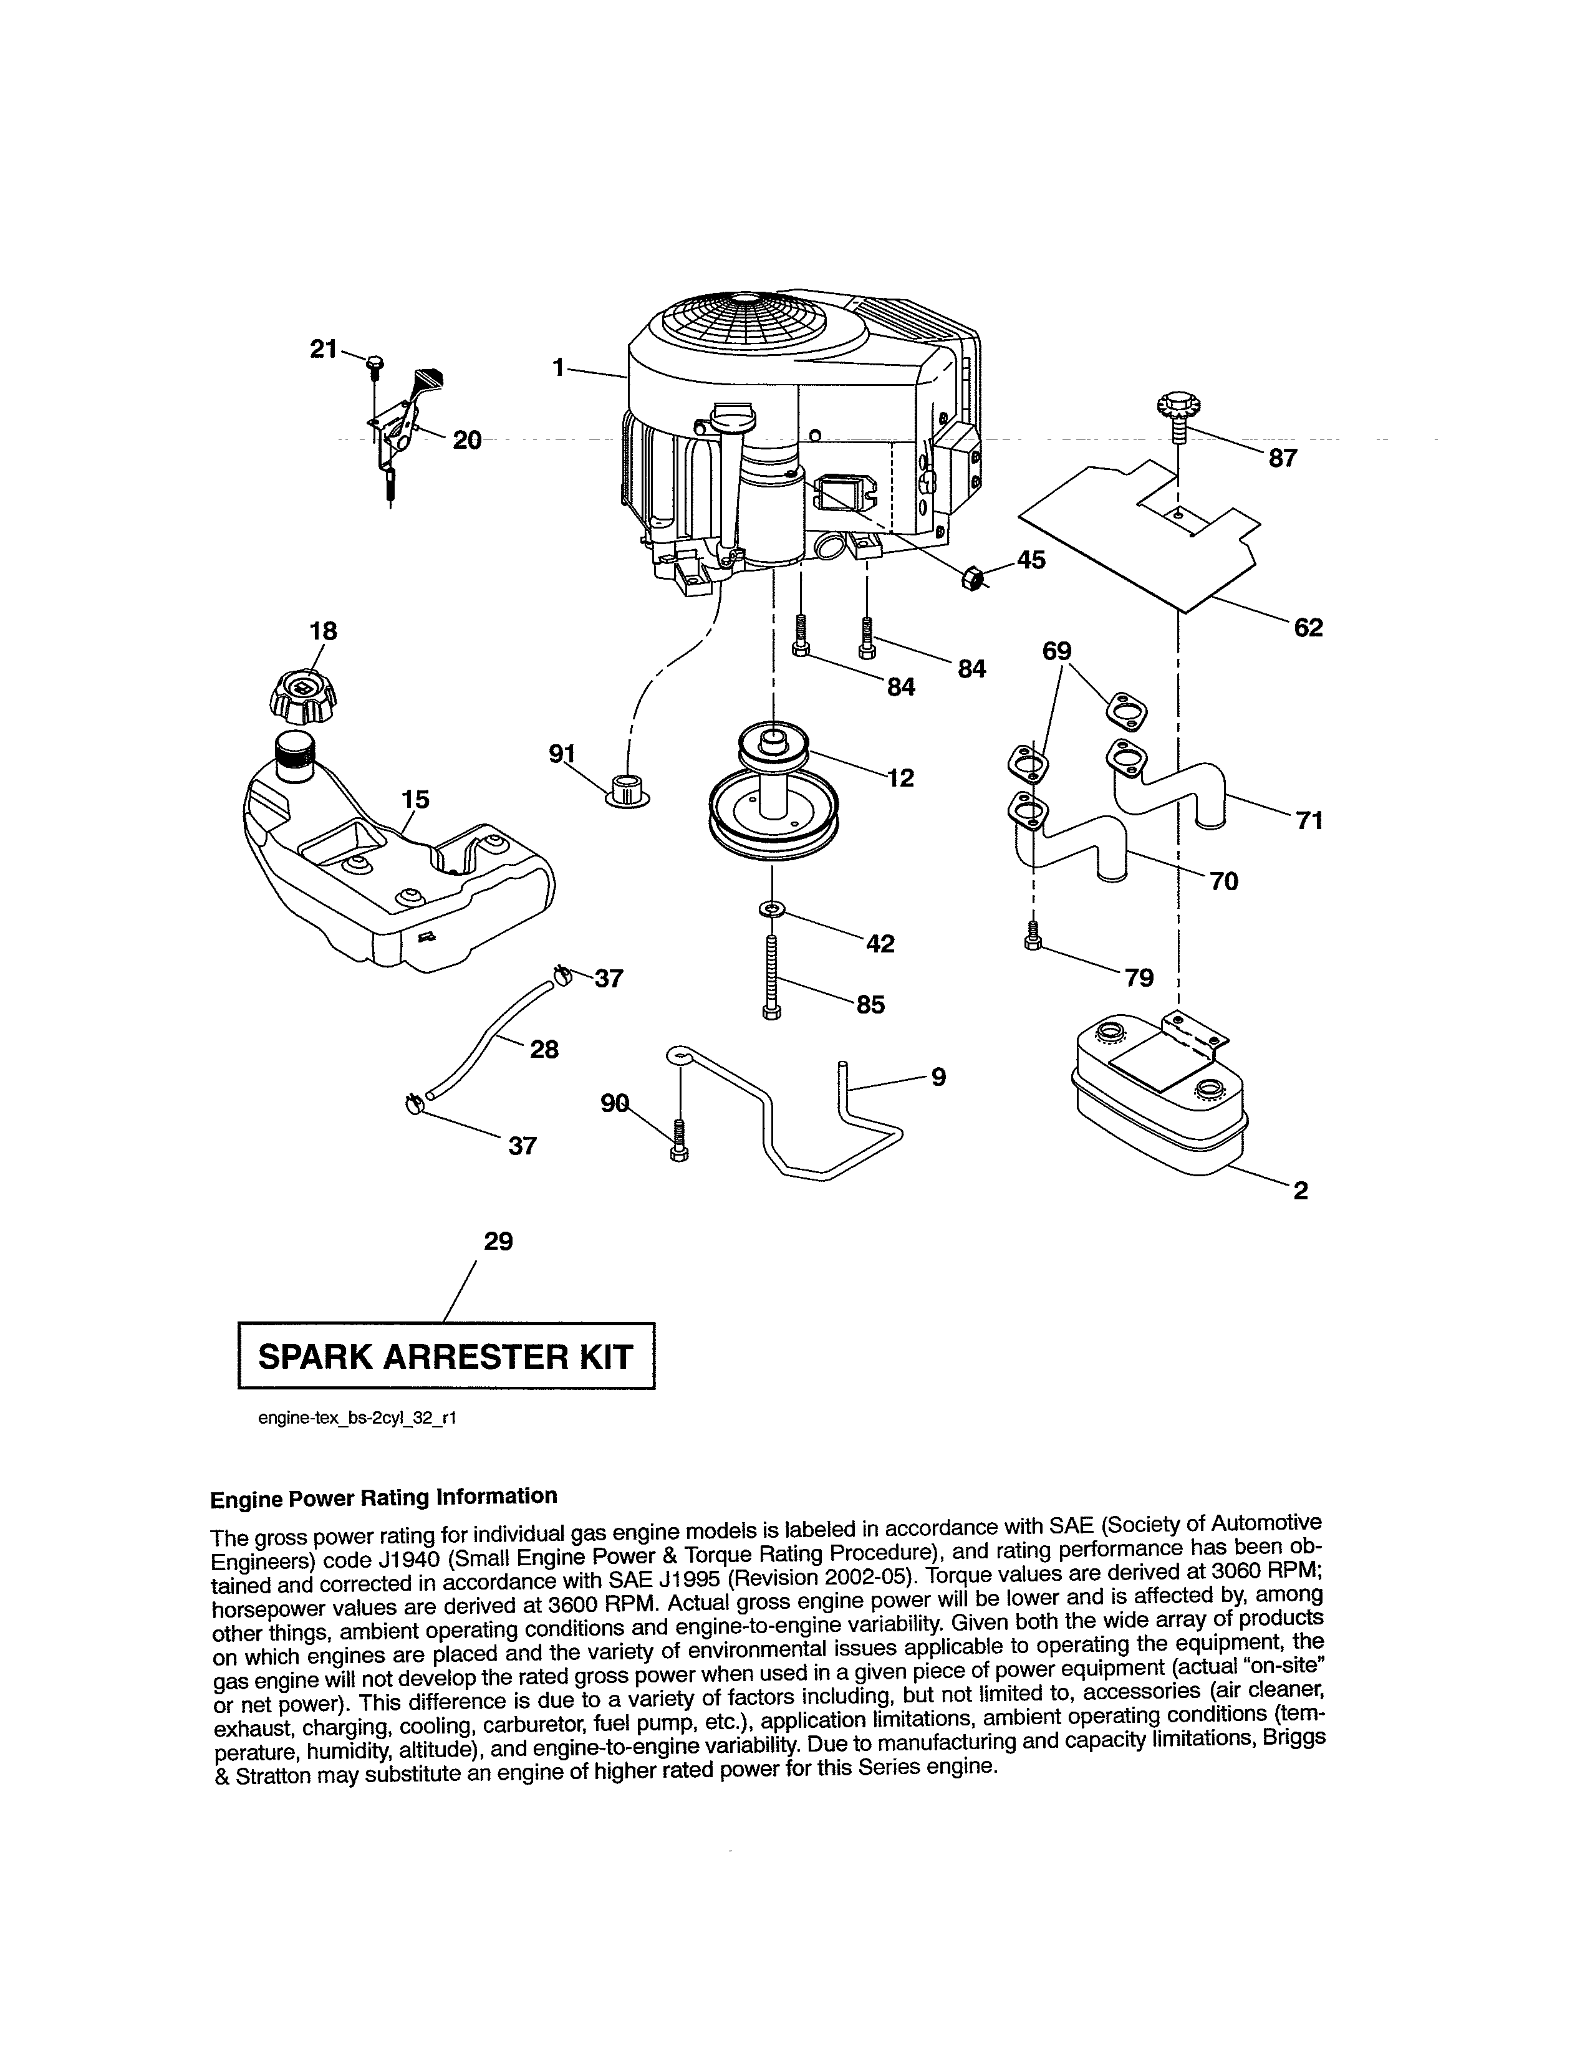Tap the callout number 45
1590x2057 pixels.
click(x=1031, y=560)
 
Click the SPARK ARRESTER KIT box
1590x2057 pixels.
click(x=446, y=1356)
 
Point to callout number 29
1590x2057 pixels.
click(x=498, y=1241)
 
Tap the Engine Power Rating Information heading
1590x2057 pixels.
click(x=383, y=1495)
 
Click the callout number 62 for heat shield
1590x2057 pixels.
click(x=1308, y=627)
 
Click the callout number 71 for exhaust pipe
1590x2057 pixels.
click(x=1308, y=820)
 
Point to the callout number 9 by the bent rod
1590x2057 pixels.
click(x=938, y=1076)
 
